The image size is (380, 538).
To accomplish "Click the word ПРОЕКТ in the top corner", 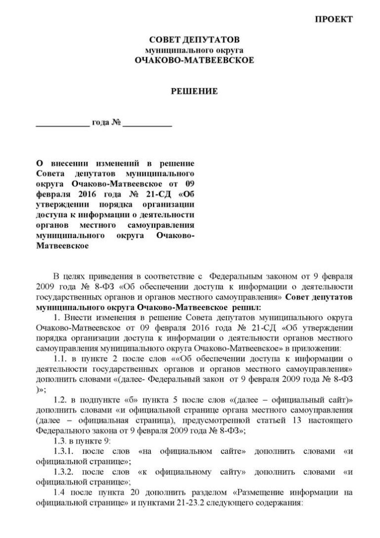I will point(334,19).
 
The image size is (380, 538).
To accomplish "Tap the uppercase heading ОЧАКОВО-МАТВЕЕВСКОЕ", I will point(194,60).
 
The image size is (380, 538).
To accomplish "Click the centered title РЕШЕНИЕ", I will point(194,91).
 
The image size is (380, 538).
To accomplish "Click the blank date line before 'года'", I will point(63,124).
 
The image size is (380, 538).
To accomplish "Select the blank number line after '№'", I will point(147,124).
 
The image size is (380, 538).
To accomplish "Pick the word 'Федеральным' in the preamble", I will point(231,275).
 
